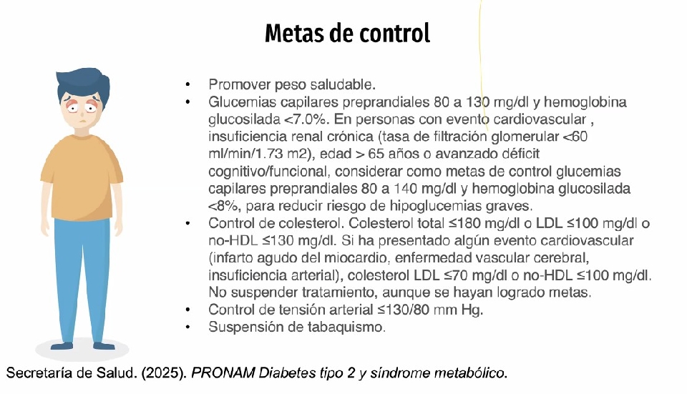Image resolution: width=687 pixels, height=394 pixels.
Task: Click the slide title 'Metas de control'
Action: [x=347, y=33]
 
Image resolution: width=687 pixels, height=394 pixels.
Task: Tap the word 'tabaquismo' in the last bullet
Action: [x=348, y=327]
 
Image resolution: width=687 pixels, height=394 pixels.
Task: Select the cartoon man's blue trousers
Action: [x=83, y=279]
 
